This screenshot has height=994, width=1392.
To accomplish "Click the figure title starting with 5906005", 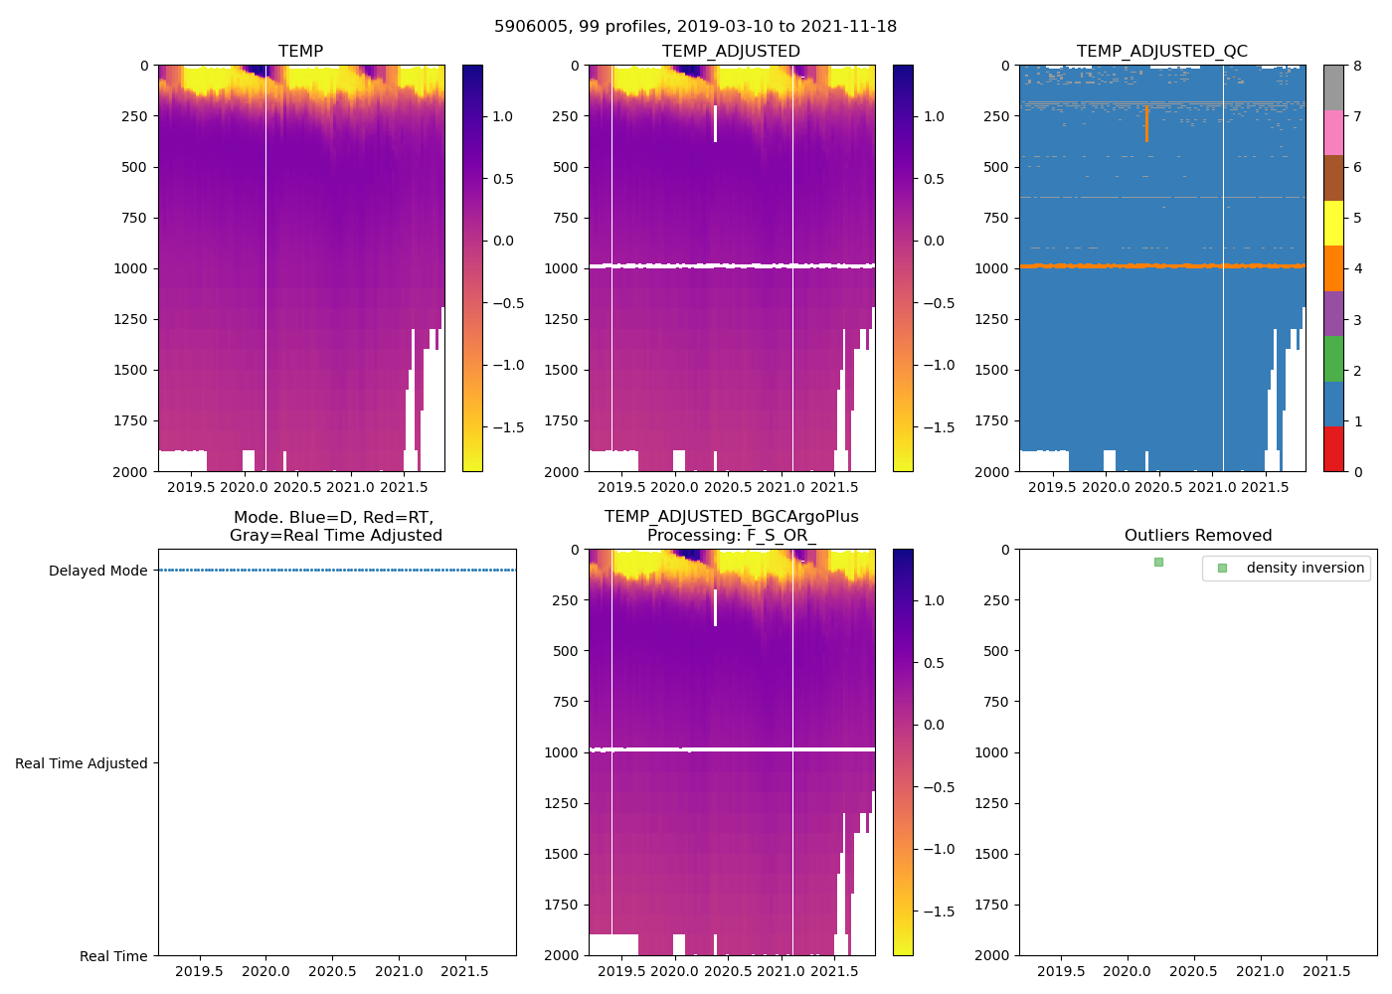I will [695, 27].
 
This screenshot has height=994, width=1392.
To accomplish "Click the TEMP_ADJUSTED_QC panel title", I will [1161, 52].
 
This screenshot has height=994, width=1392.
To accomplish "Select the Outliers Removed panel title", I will [1197, 536].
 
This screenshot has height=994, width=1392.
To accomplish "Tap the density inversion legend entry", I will [1305, 568].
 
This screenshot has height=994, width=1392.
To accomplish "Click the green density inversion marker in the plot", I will [1158, 563].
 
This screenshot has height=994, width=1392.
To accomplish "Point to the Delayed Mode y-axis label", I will [97, 571].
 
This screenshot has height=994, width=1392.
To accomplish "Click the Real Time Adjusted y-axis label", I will [81, 763].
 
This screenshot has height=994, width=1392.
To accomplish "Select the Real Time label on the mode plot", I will [113, 956].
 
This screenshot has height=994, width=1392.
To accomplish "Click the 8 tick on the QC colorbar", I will [1357, 66].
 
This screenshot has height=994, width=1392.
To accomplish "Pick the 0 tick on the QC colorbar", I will [1357, 471].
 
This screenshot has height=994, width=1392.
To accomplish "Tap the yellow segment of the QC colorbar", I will [1333, 224].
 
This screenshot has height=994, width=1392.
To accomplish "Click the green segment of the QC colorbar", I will [1333, 359].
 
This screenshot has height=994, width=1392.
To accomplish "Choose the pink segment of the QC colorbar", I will [1333, 133].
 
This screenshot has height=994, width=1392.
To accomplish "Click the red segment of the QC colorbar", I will [1333, 449].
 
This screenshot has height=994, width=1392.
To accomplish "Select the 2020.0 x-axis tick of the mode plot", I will [265, 971].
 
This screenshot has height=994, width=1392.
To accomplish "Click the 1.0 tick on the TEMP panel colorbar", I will [502, 116].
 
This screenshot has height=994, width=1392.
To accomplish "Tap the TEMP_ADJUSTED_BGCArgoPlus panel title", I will [731, 526].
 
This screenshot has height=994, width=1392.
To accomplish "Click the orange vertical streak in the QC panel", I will [1146, 124].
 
